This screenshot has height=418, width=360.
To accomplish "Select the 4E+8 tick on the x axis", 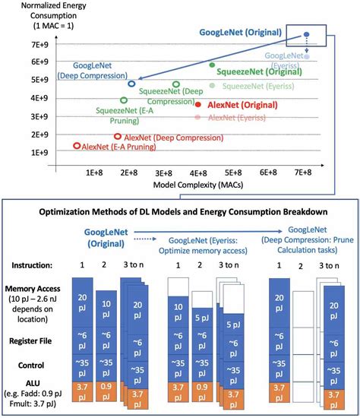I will coord(198,173).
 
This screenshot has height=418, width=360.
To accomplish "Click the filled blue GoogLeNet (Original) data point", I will coord(307,35).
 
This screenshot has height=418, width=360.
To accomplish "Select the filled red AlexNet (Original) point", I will coord(198,104).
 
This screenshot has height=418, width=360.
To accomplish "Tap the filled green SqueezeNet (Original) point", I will coord(212,65).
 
